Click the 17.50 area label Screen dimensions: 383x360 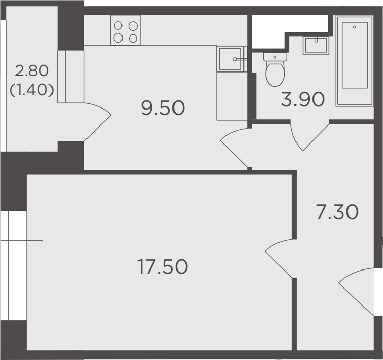(x=163, y=266)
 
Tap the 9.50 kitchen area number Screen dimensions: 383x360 (x=163, y=108)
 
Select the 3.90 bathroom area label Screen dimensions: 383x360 (x=303, y=99)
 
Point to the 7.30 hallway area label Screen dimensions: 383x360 (x=337, y=211)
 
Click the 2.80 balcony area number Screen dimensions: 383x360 (x=32, y=71)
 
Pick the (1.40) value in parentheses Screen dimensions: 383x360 (x=32, y=91)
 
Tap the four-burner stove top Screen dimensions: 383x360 (x=126, y=30)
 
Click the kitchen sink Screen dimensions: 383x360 (x=230, y=59)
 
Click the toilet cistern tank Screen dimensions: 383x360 (x=275, y=57)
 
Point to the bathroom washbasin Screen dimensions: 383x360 (x=316, y=45)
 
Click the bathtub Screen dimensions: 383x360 (x=355, y=61)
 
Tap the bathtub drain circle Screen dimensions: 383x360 (x=355, y=27)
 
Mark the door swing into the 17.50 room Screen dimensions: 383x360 (x=278, y=258)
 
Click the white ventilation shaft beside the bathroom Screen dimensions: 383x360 (x=290, y=32)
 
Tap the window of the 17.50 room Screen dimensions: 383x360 (x=13, y=266)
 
